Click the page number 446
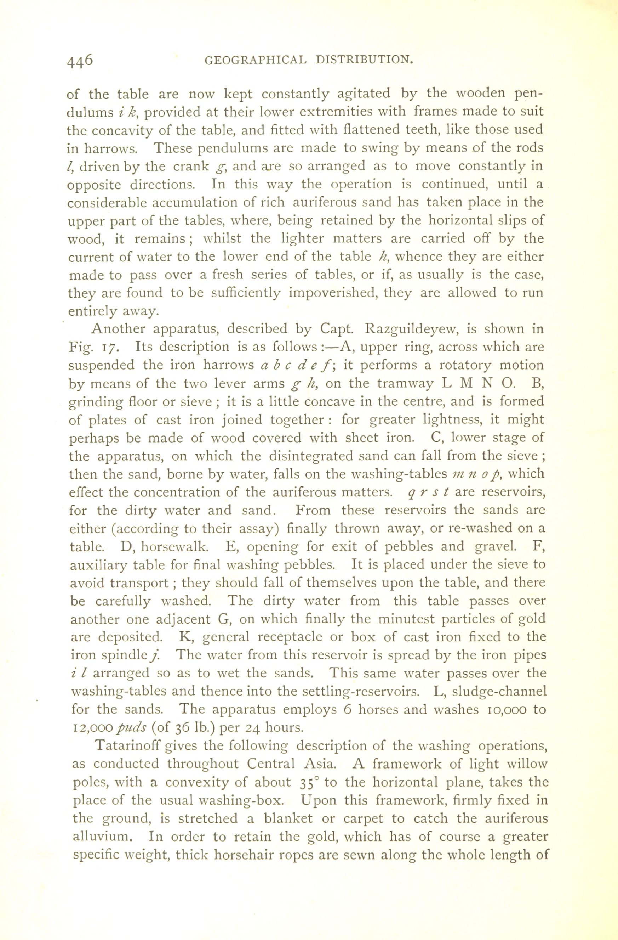click(80, 60)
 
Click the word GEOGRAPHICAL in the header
click(256, 60)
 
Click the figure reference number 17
click(108, 348)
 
